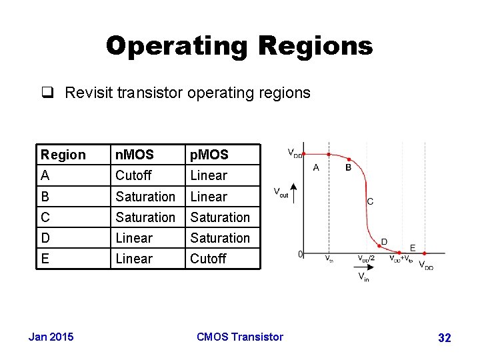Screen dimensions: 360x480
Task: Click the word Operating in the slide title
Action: coord(175,45)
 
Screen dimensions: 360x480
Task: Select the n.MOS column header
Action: coord(134,155)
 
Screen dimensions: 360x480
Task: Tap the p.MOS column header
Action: coord(209,155)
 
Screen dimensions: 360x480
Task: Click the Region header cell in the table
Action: coord(63,155)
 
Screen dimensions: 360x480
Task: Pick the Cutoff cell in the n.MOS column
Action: coord(133,175)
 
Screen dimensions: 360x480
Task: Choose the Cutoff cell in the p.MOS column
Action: coord(208,259)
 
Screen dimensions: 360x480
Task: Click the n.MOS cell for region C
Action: coord(145,217)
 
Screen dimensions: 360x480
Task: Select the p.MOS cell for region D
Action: coord(220,238)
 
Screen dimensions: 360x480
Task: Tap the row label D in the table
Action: coord(45,238)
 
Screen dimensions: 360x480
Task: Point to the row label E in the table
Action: coord(45,259)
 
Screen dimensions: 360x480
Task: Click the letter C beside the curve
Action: coord(370,201)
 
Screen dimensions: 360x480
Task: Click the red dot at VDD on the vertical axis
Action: coord(304,154)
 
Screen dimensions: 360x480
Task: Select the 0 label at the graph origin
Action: coord(300,254)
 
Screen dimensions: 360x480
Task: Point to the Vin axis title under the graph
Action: coord(363,277)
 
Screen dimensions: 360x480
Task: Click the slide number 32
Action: coord(444,338)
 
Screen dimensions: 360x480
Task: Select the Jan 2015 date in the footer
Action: coord(51,337)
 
